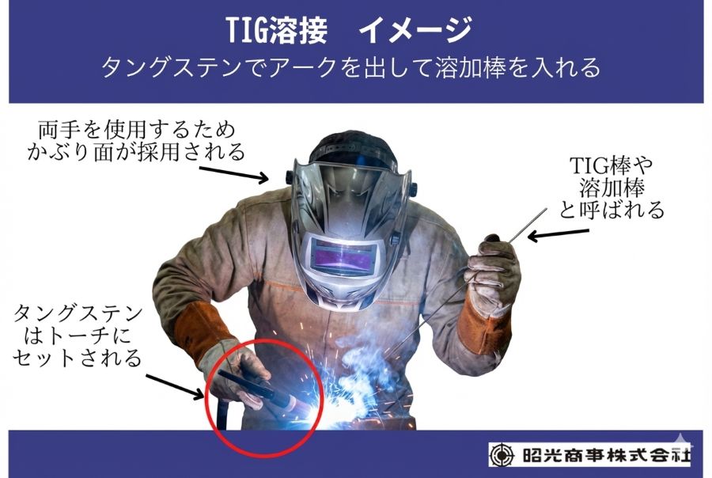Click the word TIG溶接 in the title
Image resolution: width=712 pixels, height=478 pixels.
pyautogui.click(x=277, y=30)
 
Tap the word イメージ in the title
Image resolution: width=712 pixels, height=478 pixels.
pyautogui.click(x=415, y=30)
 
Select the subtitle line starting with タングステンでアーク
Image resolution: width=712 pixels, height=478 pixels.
pyautogui.click(x=351, y=67)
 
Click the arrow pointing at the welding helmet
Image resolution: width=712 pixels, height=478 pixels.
pyautogui.click(x=234, y=174)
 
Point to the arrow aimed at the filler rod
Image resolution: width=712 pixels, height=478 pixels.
pyautogui.click(x=558, y=234)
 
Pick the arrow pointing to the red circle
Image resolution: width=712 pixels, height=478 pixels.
pyautogui.click(x=175, y=387)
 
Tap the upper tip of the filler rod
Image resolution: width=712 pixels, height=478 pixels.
pyautogui.click(x=546, y=210)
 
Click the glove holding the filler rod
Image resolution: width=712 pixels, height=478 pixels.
pyautogui.click(x=492, y=274)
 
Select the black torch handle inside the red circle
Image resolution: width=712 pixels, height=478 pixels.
pyautogui.click(x=245, y=384)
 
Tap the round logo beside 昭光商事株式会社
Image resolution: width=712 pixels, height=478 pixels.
pyautogui.click(x=502, y=455)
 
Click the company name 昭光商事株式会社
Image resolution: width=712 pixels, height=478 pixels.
pyautogui.click(x=606, y=455)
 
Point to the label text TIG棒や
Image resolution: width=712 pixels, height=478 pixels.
pyautogui.click(x=611, y=166)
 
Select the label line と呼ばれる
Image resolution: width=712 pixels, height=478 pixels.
pyautogui.click(x=612, y=210)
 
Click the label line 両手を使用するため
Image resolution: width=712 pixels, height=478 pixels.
pyautogui.click(x=136, y=130)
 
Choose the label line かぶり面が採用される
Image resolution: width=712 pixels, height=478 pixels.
pyautogui.click(x=136, y=152)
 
